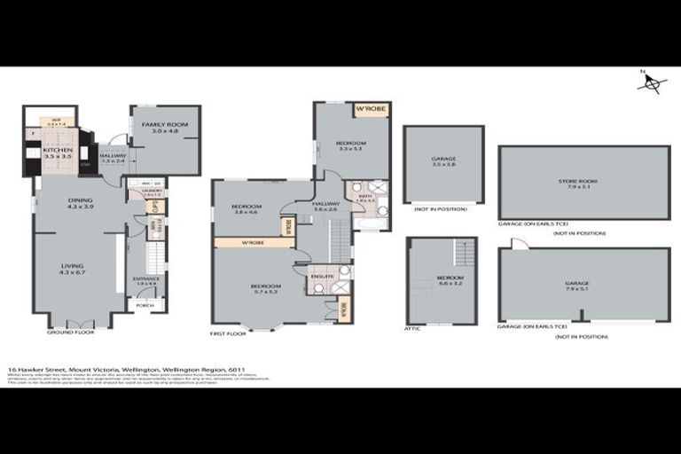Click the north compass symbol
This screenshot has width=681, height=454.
654,83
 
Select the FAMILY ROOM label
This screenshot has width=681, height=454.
165,128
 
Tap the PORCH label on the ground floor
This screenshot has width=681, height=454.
145,306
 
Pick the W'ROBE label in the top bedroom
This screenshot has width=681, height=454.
370,110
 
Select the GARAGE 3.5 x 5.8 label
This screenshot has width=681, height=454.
442,161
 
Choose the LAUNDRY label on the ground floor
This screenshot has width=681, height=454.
151,191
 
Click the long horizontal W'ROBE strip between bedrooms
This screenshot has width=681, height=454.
253,242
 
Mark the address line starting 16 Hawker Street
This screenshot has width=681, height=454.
126,370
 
